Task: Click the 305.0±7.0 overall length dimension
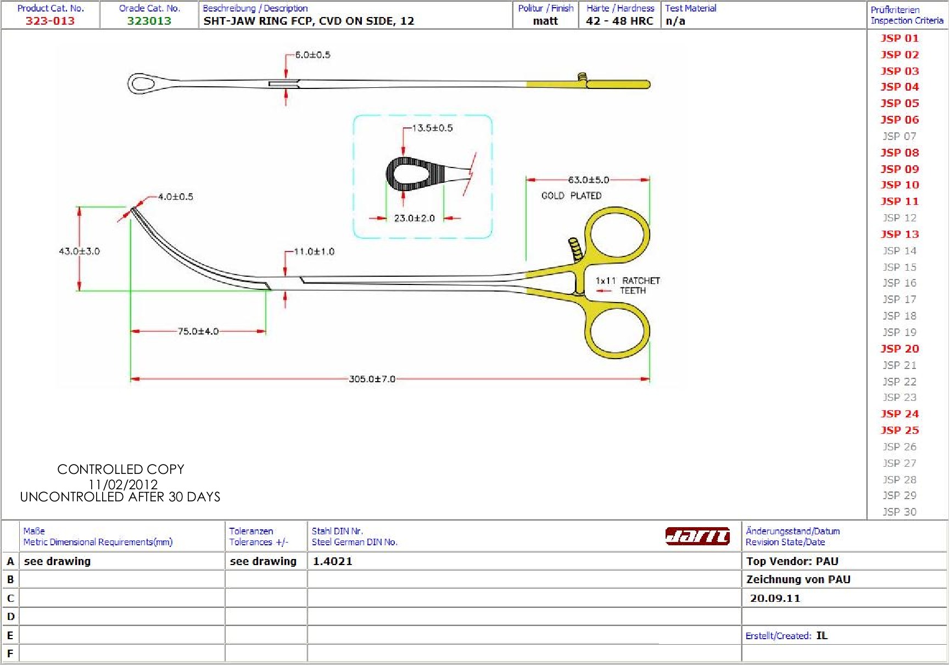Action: click(x=372, y=379)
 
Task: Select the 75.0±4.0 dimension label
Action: click(x=198, y=331)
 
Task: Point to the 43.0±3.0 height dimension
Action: click(x=79, y=251)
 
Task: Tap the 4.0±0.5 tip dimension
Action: click(x=176, y=197)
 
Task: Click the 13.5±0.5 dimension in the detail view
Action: click(x=433, y=128)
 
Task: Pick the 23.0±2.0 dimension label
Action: click(x=414, y=218)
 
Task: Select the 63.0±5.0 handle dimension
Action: click(x=588, y=180)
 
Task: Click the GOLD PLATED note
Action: click(x=571, y=195)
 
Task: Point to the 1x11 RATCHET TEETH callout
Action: click(x=628, y=286)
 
